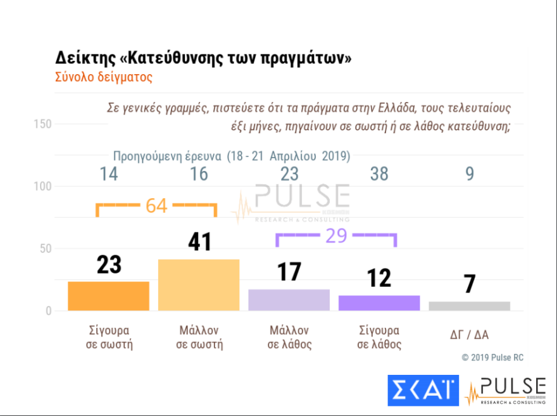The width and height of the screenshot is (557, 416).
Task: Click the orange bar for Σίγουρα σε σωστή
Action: tap(108, 296)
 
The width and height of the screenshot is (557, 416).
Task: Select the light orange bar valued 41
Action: tap(199, 285)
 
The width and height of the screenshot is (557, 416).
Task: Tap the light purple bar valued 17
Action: tap(289, 299)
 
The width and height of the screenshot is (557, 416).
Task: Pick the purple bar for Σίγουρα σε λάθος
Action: tap(379, 303)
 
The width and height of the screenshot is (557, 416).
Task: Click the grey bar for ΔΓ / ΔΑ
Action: tap(469, 306)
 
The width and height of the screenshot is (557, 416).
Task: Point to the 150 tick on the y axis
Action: tap(42, 123)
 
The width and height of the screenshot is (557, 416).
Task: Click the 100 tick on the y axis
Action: tap(42, 186)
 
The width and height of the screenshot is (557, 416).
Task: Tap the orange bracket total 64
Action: tap(156, 206)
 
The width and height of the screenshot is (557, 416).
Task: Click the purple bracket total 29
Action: tap(336, 236)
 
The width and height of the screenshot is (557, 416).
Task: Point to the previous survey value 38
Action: tap(379, 174)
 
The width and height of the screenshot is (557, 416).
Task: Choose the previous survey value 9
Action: tap(469, 174)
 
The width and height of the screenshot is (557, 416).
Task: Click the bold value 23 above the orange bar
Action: tap(109, 265)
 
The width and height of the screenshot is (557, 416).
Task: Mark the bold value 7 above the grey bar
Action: tap(469, 284)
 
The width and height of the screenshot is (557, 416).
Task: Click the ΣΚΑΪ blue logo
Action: tap(423, 390)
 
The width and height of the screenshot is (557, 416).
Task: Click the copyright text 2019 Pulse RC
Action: tap(492, 358)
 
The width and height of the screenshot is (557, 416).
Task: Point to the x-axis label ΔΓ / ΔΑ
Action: tap(469, 334)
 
